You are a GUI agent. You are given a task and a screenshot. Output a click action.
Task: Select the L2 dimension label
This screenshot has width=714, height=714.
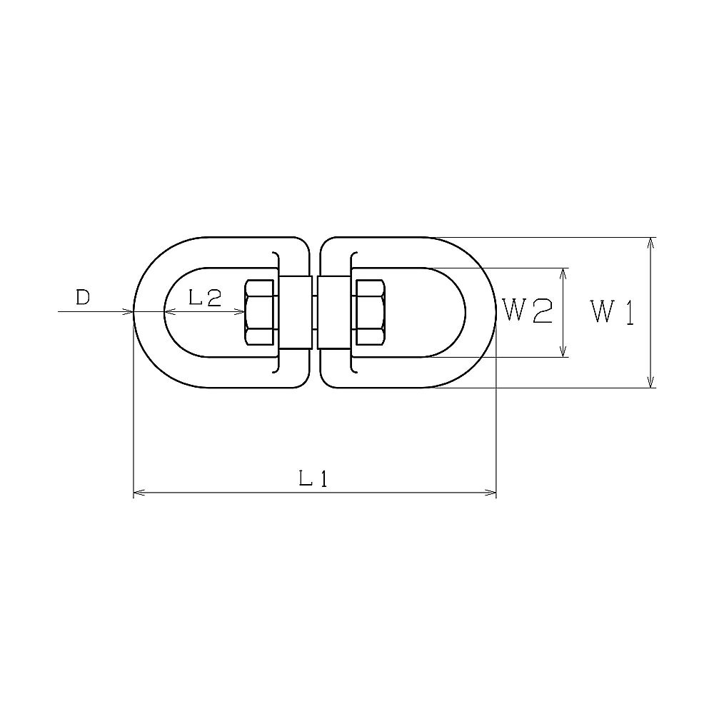[x=205, y=298]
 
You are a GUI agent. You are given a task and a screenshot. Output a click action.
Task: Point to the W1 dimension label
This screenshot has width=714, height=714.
[x=612, y=312]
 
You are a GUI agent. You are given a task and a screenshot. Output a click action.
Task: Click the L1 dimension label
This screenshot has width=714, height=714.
[x=313, y=478]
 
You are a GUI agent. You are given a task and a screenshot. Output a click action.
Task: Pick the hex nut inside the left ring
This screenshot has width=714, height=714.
[x=261, y=312]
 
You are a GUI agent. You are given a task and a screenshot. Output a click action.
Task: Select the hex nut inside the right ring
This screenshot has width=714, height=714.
[x=371, y=312]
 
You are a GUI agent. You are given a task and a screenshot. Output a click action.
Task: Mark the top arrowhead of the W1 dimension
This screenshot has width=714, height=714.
[x=652, y=243]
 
